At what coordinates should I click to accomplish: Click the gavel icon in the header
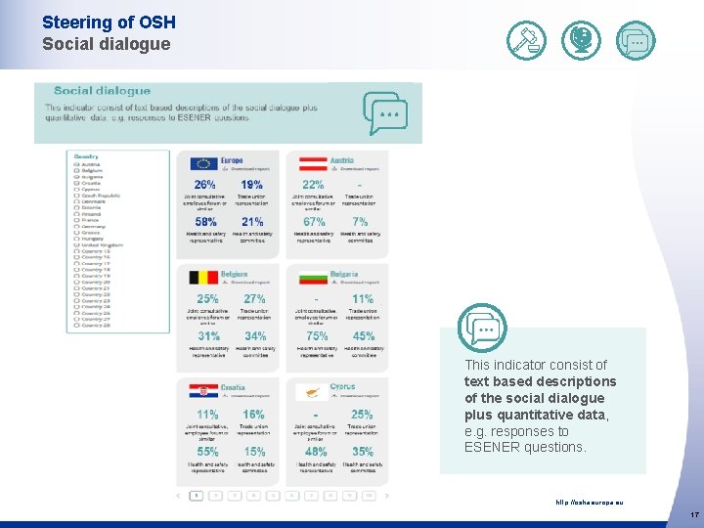527,40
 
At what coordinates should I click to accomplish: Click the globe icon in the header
582,40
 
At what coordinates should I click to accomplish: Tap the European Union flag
203,163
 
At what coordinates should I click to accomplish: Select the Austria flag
312,163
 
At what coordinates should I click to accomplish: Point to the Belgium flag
203,278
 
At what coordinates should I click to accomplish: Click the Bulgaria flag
312,278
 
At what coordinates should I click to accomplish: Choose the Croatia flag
203,391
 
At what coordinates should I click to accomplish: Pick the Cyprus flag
312,391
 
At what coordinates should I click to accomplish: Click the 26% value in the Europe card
205,185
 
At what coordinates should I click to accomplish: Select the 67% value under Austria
315,222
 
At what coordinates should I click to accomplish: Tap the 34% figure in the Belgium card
254,336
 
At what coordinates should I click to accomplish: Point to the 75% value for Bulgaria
317,336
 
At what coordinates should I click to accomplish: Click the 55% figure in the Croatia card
207,452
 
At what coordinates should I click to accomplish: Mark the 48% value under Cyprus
316,452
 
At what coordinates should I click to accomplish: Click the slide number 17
694,514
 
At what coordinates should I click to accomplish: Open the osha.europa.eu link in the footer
589,503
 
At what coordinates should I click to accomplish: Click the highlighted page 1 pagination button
197,496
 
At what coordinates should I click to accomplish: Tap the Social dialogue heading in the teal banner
102,91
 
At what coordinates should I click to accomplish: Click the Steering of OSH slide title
108,22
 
